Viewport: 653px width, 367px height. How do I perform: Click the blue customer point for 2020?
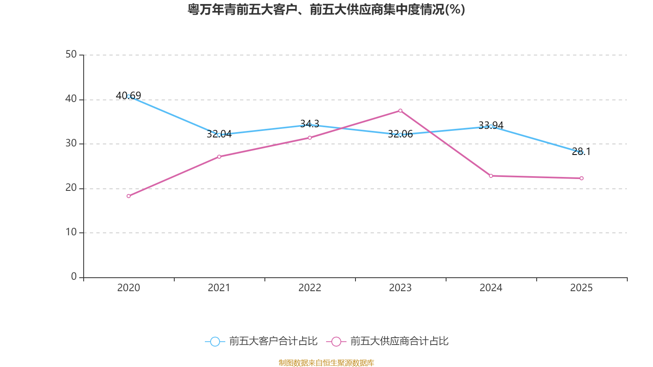click(x=129, y=96)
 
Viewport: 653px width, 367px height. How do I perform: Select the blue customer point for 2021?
click(x=219, y=135)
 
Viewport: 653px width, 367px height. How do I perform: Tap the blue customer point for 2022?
click(x=310, y=125)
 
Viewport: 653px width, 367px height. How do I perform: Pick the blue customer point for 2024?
click(x=491, y=126)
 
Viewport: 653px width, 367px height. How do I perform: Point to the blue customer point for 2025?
click(x=582, y=153)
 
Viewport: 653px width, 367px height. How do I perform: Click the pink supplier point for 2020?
click(x=129, y=196)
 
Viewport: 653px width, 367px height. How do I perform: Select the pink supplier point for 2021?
click(x=219, y=157)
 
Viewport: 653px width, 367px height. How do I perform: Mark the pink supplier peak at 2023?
click(x=400, y=111)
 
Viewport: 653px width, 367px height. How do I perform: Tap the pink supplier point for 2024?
click(x=491, y=176)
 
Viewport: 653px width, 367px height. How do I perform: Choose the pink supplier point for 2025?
click(x=582, y=178)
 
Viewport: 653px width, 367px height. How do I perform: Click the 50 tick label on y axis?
click(x=71, y=55)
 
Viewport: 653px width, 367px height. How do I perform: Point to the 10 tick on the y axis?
click(x=71, y=232)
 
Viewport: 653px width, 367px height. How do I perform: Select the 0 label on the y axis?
click(x=74, y=277)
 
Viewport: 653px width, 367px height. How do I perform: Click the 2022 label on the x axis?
click(x=310, y=288)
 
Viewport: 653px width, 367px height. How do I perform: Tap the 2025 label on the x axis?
click(x=582, y=288)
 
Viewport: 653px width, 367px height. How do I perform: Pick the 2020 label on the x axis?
click(x=129, y=288)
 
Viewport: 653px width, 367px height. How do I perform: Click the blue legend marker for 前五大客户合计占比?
click(x=215, y=342)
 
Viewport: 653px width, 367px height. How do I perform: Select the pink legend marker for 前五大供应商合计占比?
click(x=336, y=342)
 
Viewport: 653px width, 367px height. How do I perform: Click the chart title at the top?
click(x=326, y=9)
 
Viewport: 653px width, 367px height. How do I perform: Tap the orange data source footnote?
click(x=326, y=363)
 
